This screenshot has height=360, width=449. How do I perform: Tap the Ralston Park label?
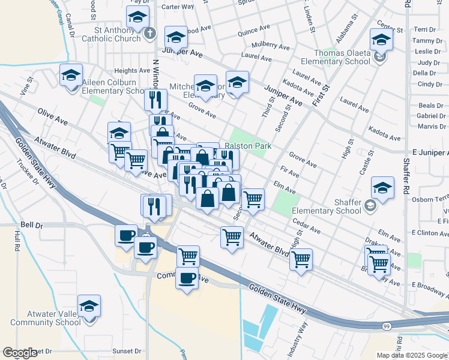[249, 146]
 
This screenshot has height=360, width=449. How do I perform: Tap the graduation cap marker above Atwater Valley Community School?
[89, 307]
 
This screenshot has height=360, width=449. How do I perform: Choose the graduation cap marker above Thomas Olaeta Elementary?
[381, 40]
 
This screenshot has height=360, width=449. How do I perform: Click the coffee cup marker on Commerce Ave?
[187, 278]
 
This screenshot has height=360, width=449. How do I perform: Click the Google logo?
[20, 353]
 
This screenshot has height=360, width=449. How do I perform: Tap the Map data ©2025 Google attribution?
[412, 355]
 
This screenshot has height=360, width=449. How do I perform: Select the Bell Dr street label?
[32, 225]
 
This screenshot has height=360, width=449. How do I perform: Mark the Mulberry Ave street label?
[271, 46]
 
